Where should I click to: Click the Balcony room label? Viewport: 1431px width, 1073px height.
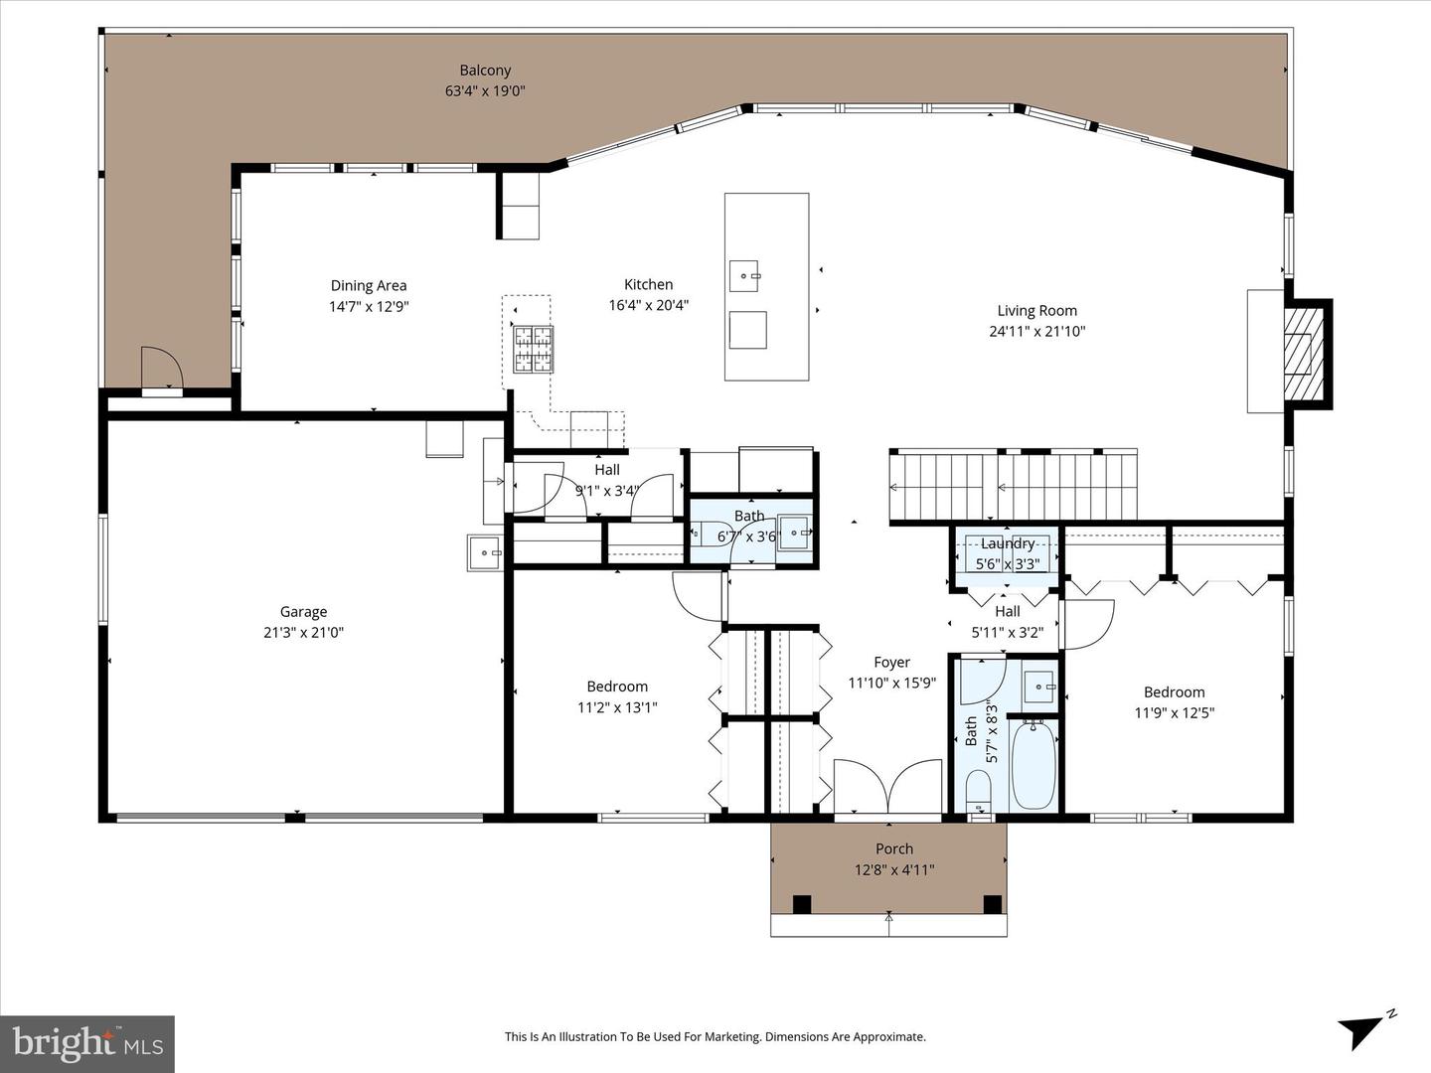tap(485, 71)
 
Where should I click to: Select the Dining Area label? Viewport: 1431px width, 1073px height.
tap(369, 285)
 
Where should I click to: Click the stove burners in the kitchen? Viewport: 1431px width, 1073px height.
tap(533, 349)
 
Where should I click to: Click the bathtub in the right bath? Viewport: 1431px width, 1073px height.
tap(1033, 765)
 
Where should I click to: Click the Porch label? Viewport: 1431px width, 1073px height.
tap(894, 849)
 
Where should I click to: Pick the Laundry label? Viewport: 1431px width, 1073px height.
tap(1008, 543)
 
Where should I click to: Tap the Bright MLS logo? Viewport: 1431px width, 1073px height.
tap(87, 1043)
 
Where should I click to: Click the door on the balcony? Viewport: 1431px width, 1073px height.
tap(162, 371)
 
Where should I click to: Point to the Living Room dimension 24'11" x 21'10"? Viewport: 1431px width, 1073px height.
tap(1036, 332)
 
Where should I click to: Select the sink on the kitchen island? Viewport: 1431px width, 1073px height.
tap(743, 274)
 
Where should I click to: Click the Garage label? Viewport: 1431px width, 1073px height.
tap(303, 612)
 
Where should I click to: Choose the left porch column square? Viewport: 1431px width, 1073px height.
tap(802, 904)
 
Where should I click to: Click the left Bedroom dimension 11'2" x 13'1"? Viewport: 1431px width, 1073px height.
tap(617, 707)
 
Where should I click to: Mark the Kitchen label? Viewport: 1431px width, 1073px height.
tap(648, 284)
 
